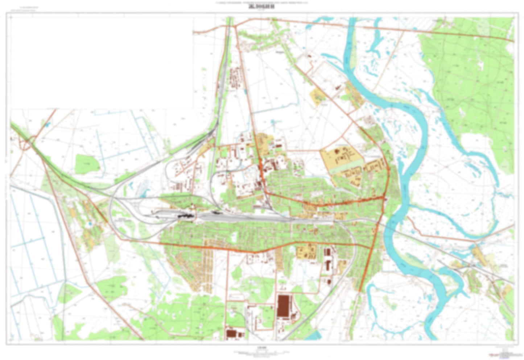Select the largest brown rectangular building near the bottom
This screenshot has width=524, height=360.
[x=285, y=306]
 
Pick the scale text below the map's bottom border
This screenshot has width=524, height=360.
[x=262, y=348]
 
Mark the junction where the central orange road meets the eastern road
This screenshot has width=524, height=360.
[x=385, y=198]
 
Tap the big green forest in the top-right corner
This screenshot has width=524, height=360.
[x=471, y=73]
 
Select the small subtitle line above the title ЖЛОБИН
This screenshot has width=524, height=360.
[x=262, y=3]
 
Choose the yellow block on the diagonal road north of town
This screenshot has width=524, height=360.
[x=318, y=96]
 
